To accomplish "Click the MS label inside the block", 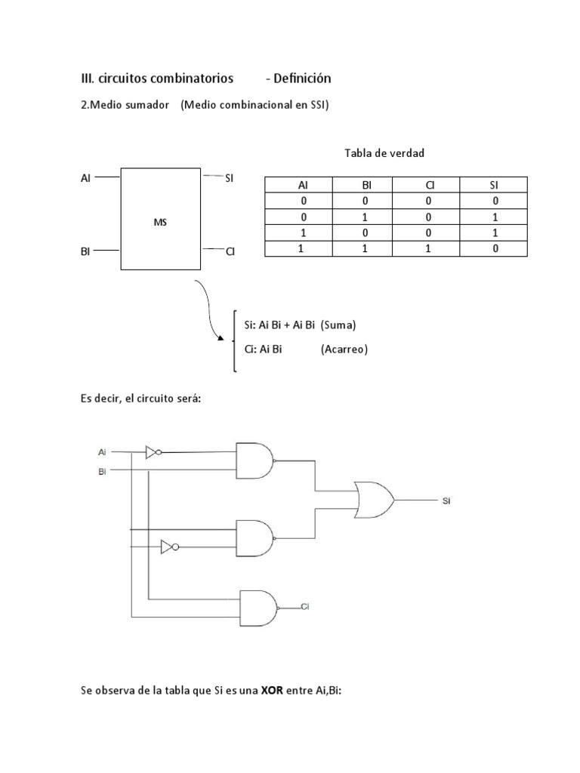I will click(160, 223).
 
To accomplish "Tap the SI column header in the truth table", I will click(494, 186).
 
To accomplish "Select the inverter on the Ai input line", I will click(153, 452).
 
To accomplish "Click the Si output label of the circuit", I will click(446, 500).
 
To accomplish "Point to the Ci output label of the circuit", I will click(305, 606).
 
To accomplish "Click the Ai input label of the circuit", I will click(102, 452).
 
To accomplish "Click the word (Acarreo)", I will click(344, 350).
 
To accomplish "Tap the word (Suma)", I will click(338, 325).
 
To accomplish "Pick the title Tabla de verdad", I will click(384, 153).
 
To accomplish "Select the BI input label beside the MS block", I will click(85, 251).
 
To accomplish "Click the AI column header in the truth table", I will click(303, 186).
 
